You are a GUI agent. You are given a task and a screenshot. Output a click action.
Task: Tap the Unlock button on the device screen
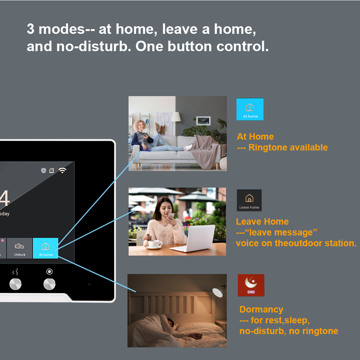tap(20, 248)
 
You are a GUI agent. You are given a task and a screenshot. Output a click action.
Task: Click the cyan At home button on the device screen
tap(45, 248)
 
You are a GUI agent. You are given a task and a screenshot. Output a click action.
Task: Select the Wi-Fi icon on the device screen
tap(62, 170)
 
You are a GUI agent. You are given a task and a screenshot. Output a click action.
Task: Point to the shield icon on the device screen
tap(44, 170)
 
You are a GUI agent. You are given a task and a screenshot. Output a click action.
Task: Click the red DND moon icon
tap(251, 285)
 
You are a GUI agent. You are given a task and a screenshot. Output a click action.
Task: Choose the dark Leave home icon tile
tap(249, 200)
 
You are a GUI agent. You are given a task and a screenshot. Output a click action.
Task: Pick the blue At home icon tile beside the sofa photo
tap(250, 109)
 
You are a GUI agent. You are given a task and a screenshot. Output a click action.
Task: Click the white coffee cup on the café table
tap(155, 244)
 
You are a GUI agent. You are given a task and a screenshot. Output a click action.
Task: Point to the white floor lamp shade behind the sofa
tap(176, 117)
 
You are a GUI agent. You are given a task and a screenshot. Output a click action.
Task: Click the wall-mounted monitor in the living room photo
tap(203, 121)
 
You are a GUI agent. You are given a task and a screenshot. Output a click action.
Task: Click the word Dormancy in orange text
tap(261, 310)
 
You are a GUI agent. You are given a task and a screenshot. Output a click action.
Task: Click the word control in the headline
tap(242, 46)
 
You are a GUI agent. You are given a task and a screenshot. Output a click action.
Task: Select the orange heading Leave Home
tap(262, 221)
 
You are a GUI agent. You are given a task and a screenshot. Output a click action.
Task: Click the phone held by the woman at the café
tap(171, 216)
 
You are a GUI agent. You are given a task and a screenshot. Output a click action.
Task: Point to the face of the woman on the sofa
tap(140, 126)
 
